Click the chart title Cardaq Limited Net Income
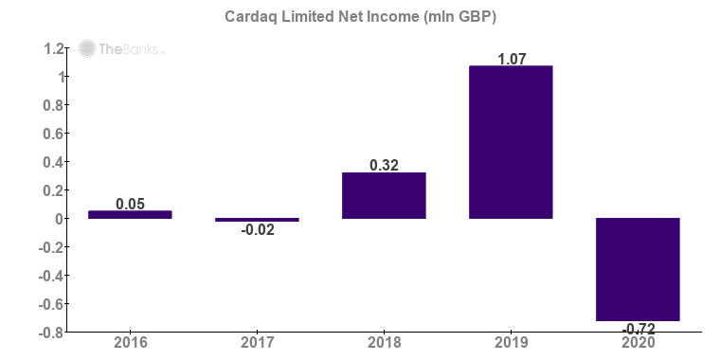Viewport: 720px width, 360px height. click(x=359, y=16)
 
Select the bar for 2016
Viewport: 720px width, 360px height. click(x=130, y=214)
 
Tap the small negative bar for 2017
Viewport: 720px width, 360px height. click(x=257, y=220)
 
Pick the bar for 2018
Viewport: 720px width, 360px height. click(x=384, y=196)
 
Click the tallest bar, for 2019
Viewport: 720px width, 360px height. click(x=511, y=142)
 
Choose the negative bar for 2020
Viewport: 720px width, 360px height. click(x=638, y=269)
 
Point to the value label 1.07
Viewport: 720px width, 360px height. click(x=511, y=59)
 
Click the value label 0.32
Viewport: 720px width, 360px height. click(x=384, y=165)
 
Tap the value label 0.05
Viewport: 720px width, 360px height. click(x=130, y=204)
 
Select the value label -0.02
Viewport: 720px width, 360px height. click(x=257, y=230)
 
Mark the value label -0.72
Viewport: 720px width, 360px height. click(x=638, y=328)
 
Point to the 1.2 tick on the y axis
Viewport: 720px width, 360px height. click(x=53, y=48)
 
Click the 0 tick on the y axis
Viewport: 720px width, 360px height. click(x=60, y=219)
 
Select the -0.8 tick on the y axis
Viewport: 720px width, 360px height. click(x=51, y=333)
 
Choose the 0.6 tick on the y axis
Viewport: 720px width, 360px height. click(x=53, y=134)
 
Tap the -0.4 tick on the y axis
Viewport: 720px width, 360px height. click(x=51, y=276)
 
